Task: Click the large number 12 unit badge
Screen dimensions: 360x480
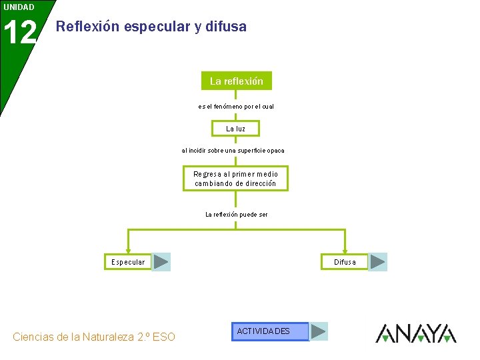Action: pos(19,33)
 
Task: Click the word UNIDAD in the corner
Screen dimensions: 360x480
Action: pos(19,7)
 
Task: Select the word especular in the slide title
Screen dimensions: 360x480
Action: pos(155,27)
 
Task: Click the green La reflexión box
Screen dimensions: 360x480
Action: pos(236,81)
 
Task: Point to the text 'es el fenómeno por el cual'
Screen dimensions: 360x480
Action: pos(236,107)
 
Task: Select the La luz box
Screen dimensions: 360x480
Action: pos(235,128)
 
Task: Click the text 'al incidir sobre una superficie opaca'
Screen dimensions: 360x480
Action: pos(233,151)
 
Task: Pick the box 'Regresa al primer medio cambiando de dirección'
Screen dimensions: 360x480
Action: pos(235,179)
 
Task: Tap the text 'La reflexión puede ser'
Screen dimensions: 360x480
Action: pos(236,215)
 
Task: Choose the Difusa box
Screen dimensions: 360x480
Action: pos(345,262)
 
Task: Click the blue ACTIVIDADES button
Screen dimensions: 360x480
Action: pos(270,331)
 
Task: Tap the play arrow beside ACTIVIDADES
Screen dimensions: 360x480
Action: pos(319,331)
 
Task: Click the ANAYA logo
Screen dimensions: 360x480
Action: pos(416,333)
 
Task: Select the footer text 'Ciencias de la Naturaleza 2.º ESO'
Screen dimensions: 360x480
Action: pos(94,337)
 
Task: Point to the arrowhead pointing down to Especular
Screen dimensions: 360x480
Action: pos(128,249)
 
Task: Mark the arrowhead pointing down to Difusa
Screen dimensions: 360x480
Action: pos(345,249)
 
